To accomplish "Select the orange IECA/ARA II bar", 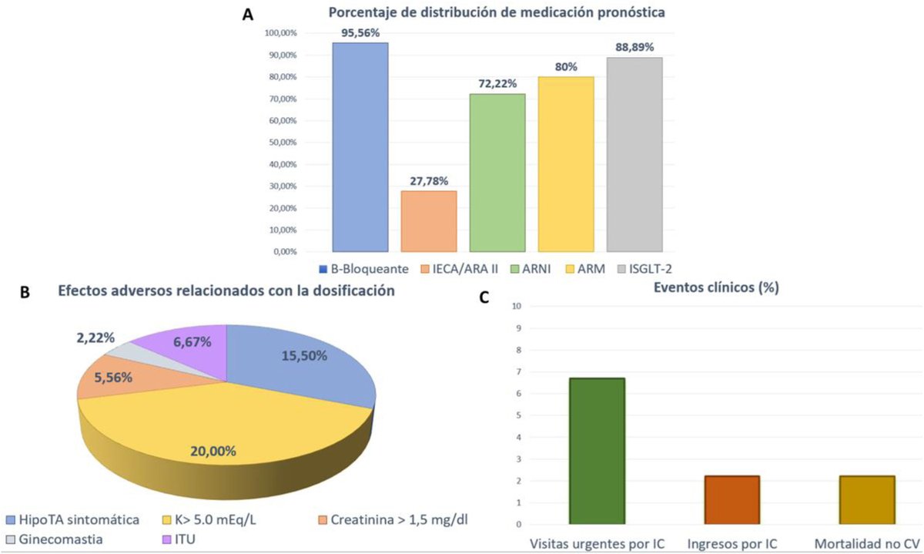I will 428,221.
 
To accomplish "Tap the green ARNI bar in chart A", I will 497,173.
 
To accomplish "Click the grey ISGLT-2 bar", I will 634,154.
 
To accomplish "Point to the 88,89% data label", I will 634,48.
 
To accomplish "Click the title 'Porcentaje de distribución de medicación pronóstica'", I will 497,12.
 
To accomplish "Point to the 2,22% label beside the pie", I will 96,337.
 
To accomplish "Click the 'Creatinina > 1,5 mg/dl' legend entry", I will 393,520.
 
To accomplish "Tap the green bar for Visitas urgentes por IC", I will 597,451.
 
